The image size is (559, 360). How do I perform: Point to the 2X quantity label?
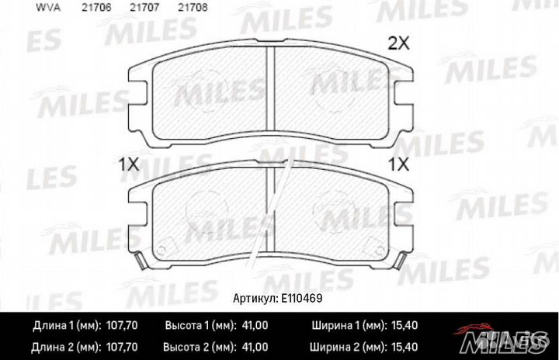pyautogui.click(x=398, y=44)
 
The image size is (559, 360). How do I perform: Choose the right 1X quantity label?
pyautogui.click(x=398, y=164)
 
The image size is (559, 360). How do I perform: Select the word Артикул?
pyautogui.click(x=257, y=297)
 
